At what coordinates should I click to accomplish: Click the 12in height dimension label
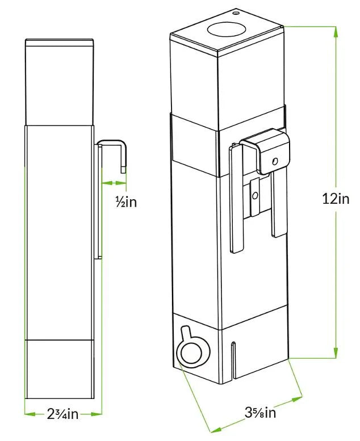pyautogui.click(x=336, y=199)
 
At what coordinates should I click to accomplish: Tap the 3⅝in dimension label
pyautogui.click(x=260, y=413)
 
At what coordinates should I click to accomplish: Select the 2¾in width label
pyautogui.click(x=62, y=414)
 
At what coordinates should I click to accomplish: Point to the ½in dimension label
pyautogui.click(x=126, y=201)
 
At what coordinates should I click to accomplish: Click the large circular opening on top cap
pyautogui.click(x=227, y=30)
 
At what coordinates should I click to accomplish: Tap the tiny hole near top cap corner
pyautogui.click(x=236, y=13)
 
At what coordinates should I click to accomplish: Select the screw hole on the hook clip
pyautogui.click(x=275, y=161)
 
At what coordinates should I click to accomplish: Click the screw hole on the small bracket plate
pyautogui.click(x=255, y=195)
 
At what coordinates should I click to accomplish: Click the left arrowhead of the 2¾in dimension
pyautogui.click(x=30, y=414)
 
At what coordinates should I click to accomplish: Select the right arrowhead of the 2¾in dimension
pyautogui.click(x=97, y=414)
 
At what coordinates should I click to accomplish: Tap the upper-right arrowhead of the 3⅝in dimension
pyautogui.click(x=297, y=400)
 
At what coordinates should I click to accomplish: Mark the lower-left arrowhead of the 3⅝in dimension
pyautogui.click(x=216, y=429)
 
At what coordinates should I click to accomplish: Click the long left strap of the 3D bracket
pyautogui.click(x=237, y=198)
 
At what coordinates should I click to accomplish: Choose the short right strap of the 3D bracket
pyautogui.click(x=279, y=203)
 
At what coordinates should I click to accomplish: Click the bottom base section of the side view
pyautogui.click(x=60, y=369)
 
